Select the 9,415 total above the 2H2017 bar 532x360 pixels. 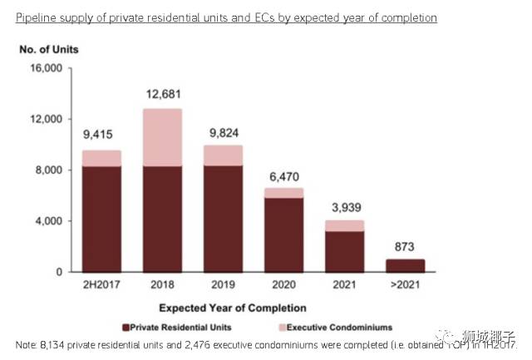pyautogui.click(x=101, y=134)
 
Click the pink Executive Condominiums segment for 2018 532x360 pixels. pyautogui.click(x=162, y=137)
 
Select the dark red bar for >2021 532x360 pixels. pyautogui.click(x=405, y=266)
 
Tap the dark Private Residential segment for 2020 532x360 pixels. pyautogui.click(x=283, y=234)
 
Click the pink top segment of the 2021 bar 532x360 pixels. pyautogui.click(x=344, y=225)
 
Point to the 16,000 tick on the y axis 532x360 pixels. pyautogui.click(x=45, y=68)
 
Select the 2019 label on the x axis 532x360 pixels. pyautogui.click(x=223, y=285)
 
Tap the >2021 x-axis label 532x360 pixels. pyautogui.click(x=405, y=285)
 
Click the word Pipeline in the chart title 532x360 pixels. pyautogui.click(x=37, y=17)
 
